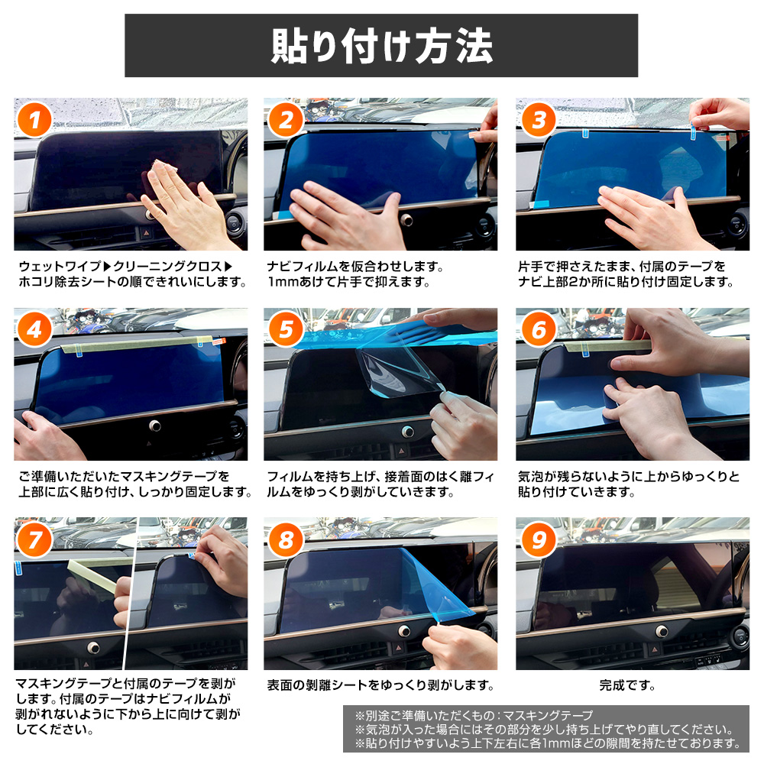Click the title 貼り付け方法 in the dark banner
(381, 46)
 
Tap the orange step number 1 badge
(34, 120)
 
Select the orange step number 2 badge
(286, 120)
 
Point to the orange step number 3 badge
(539, 120)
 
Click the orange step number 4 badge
(34, 330)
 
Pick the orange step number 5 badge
(286, 330)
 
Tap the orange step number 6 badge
(539, 330)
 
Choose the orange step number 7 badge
(34, 540)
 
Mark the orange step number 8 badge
(286, 540)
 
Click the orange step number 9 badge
(539, 540)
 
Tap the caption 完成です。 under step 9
(627, 685)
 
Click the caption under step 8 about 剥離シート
(380, 685)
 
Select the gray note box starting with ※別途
(546, 729)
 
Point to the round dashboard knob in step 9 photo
(661, 632)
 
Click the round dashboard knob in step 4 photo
(155, 426)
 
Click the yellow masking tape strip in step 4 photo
(137, 344)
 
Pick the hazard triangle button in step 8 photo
(398, 648)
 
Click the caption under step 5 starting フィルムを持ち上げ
(380, 484)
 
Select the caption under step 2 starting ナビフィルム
(355, 274)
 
